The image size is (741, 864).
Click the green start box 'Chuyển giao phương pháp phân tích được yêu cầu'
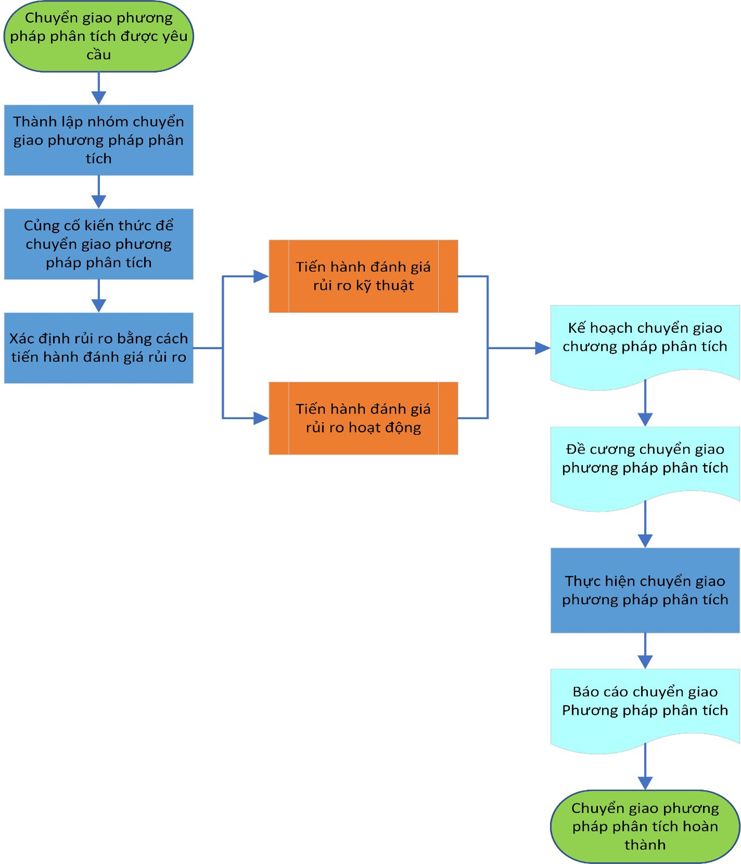[99, 36]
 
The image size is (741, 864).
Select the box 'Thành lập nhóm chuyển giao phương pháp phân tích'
[99, 140]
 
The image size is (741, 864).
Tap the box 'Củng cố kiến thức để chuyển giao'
[99, 244]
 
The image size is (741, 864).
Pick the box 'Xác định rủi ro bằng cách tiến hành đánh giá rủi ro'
[99, 348]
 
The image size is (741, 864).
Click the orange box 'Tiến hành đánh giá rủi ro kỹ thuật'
[363, 276]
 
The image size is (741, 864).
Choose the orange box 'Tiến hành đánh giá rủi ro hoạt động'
[363, 418]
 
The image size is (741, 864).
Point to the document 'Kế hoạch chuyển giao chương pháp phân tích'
[645, 346]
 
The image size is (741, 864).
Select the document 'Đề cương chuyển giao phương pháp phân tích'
[645, 467]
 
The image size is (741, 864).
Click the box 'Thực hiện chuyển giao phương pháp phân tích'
[645, 590]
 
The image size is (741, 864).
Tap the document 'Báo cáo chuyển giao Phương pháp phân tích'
[645, 710]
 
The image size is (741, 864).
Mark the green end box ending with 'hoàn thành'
[645, 827]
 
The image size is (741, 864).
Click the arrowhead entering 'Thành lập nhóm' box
[99, 98]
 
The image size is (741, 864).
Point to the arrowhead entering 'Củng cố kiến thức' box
[99, 202]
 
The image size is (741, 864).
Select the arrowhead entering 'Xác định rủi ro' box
[99, 306]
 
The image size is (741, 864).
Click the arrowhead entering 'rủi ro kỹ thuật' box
[261, 276]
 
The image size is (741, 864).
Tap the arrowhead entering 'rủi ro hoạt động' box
[261, 418]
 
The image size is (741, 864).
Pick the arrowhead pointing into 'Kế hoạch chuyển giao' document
[543, 348]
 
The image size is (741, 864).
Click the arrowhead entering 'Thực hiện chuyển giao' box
[645, 541]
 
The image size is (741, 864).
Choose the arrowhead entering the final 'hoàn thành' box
[645, 783]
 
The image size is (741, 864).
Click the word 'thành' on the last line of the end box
[645, 845]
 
